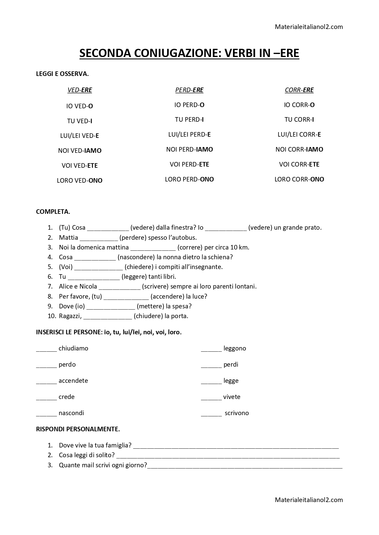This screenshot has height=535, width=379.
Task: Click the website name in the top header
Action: (x=309, y=27)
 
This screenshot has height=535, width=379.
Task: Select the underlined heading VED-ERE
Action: (x=80, y=90)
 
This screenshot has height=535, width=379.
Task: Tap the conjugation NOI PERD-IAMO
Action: (x=189, y=149)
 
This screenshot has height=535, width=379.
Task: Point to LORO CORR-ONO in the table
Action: (x=299, y=179)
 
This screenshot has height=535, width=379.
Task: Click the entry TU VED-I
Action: (x=80, y=121)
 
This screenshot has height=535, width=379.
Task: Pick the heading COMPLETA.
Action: (x=53, y=212)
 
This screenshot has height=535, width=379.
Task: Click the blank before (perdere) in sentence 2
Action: (x=99, y=238)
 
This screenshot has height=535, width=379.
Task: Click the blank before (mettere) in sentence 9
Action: (x=111, y=307)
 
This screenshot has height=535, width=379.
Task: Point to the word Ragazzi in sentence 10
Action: (x=70, y=316)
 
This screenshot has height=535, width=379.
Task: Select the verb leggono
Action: (x=235, y=348)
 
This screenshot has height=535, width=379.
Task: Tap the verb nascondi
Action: (x=71, y=413)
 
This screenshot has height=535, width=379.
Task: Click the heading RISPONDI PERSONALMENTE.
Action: (x=78, y=429)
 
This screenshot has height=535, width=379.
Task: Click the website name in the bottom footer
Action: (x=309, y=500)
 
